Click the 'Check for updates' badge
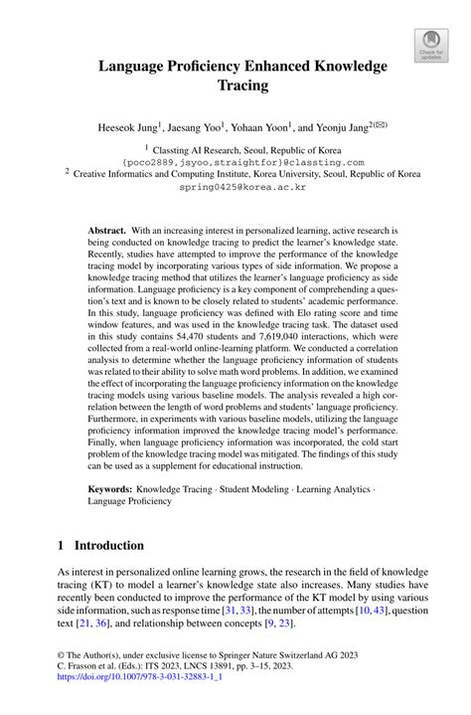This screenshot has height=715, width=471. coord(430,44)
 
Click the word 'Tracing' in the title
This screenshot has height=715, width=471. coord(242,86)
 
